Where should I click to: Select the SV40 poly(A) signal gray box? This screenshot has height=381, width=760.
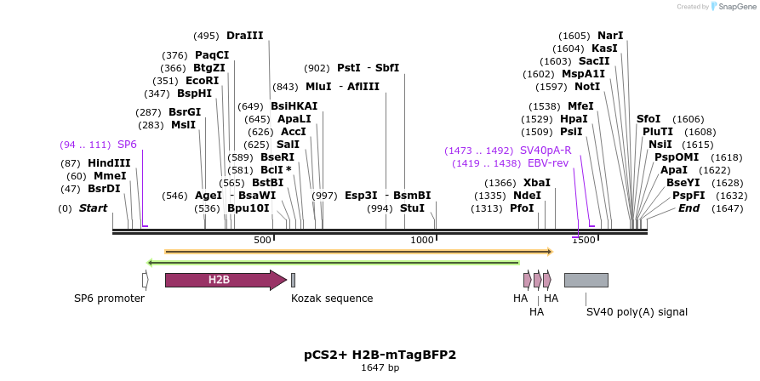[586, 280]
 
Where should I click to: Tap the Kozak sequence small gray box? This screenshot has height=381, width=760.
[293, 280]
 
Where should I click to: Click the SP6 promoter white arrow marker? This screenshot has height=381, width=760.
[146, 280]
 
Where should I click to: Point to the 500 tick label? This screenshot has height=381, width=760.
[262, 241]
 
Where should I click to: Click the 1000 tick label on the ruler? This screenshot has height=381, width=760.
[422, 241]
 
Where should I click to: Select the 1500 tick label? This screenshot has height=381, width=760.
[583, 241]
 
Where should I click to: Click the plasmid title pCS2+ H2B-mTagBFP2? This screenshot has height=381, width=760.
[380, 354]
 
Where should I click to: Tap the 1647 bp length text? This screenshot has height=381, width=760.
[380, 368]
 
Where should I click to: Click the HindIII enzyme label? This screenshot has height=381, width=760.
[109, 163]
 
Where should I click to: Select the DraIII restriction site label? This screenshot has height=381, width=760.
[245, 36]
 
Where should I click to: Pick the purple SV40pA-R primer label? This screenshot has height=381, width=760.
[546, 151]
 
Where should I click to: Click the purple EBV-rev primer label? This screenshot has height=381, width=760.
[548, 163]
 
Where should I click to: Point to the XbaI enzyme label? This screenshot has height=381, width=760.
[537, 183]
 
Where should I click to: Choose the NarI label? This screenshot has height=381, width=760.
[610, 36]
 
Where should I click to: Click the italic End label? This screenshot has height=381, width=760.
[689, 208]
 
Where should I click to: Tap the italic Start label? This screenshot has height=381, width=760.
[94, 208]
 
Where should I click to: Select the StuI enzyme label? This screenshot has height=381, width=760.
[412, 208]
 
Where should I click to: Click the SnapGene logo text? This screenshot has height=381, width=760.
[734, 7]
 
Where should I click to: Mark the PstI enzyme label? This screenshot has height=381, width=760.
[349, 68]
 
